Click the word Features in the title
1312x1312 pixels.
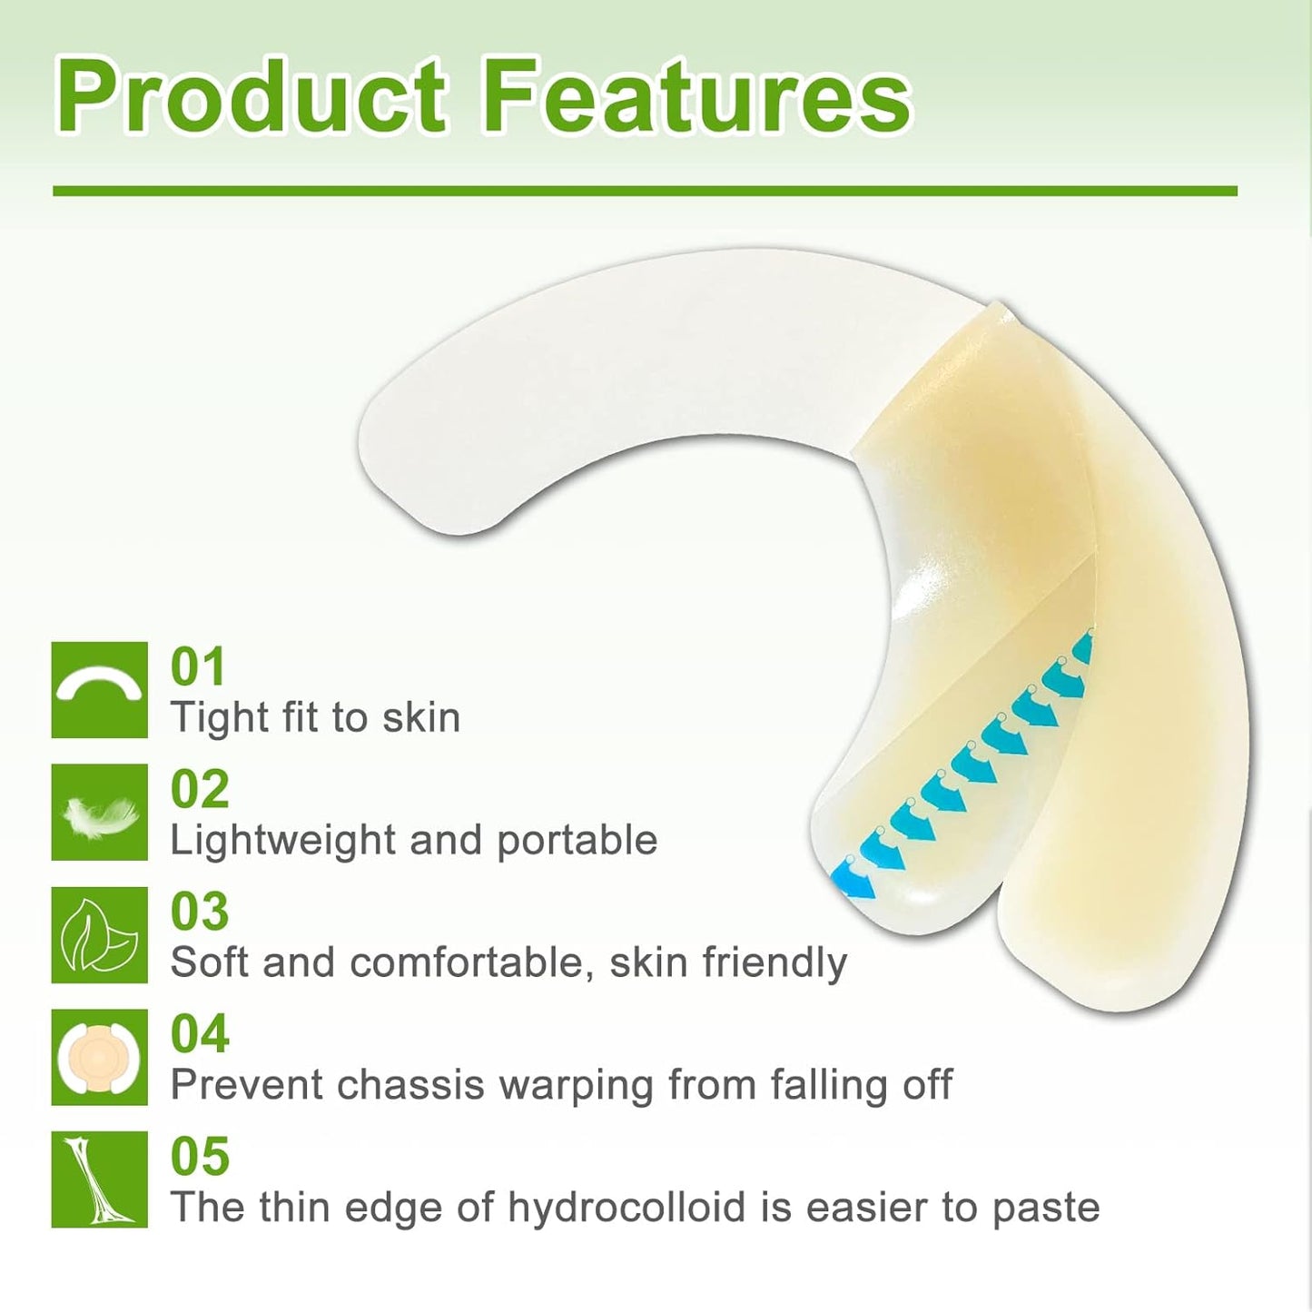[x=696, y=97]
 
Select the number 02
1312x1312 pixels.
[x=200, y=789]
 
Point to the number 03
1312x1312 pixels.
[x=200, y=912]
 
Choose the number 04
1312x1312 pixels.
[x=200, y=1034]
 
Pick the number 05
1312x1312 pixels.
[x=200, y=1157]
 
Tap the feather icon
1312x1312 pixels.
[x=99, y=813]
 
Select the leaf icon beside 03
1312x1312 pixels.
[x=99, y=935]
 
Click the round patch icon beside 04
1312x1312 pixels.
[x=99, y=1058]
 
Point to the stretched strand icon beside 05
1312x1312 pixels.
[x=99, y=1179]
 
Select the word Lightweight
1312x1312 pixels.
[x=282, y=841]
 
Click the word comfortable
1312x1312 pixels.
[x=471, y=962]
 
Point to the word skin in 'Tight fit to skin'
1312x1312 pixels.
[x=420, y=718]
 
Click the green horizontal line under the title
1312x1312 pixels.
[x=645, y=192]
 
